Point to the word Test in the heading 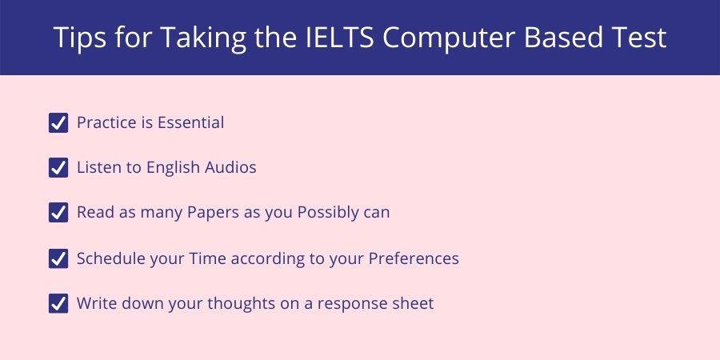637,38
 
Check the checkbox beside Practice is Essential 58,122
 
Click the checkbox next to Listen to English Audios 58,168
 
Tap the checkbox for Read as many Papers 58,213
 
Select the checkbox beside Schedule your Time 58,258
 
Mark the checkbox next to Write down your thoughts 58,304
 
